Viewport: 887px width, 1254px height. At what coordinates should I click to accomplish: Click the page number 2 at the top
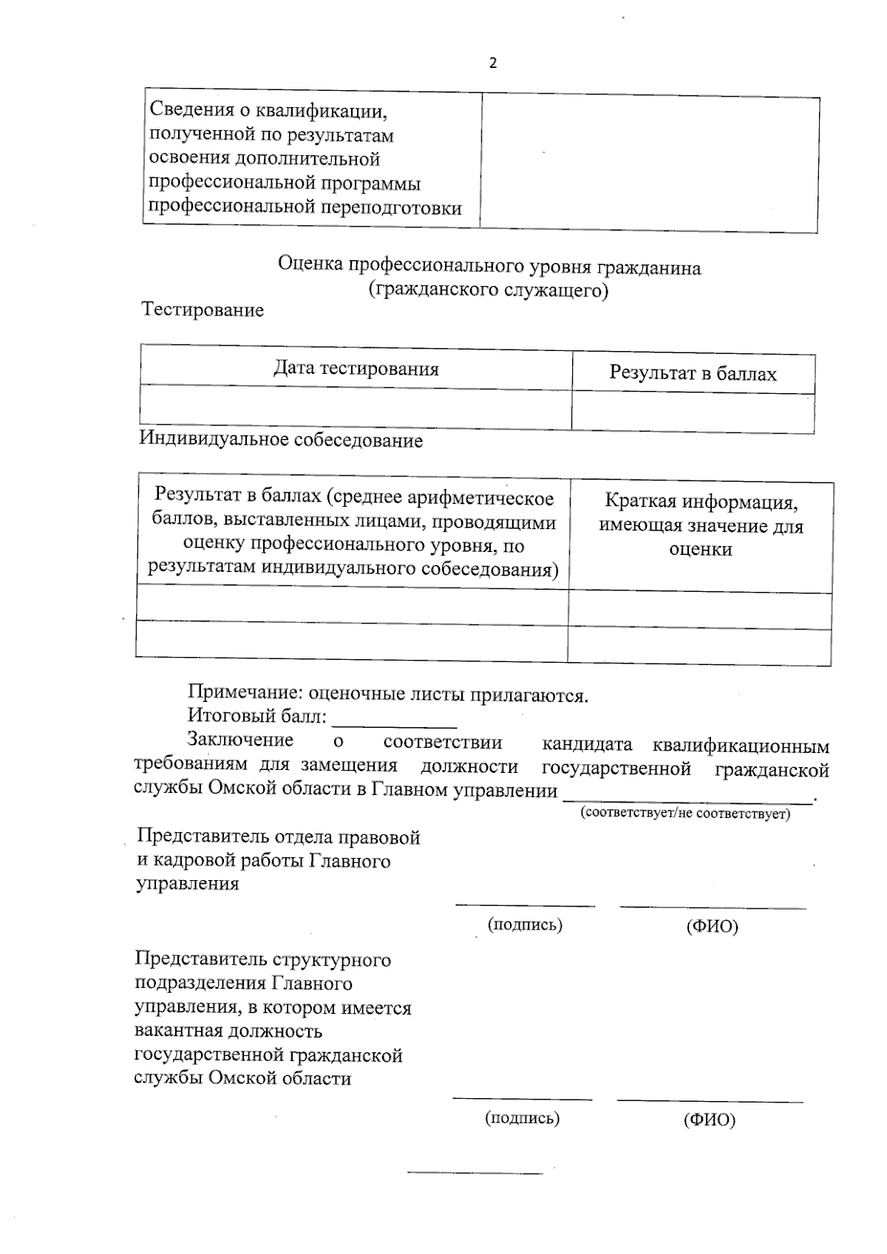pyautogui.click(x=493, y=64)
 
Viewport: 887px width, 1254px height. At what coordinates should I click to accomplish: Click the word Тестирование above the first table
pyautogui.click(x=203, y=310)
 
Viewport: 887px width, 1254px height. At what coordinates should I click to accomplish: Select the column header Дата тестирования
pyautogui.click(x=356, y=368)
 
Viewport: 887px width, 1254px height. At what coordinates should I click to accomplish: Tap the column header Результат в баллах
pyautogui.click(x=693, y=373)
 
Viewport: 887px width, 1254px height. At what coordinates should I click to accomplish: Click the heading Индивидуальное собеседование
pyautogui.click(x=281, y=440)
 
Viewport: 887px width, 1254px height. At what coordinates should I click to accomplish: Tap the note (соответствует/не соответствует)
pyautogui.click(x=685, y=814)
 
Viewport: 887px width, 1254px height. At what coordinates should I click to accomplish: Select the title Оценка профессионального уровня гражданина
pyautogui.click(x=489, y=267)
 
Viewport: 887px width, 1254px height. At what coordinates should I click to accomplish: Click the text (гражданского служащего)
pyautogui.click(x=489, y=290)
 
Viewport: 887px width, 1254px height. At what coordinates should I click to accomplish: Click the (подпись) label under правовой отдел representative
pyautogui.click(x=525, y=924)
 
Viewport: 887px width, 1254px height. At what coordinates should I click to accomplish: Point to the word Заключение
pyautogui.click(x=240, y=740)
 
